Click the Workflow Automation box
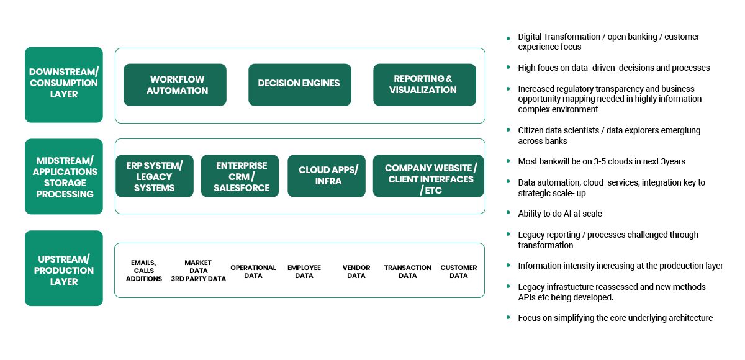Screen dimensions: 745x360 click(175, 85)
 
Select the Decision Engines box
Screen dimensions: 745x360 click(300, 85)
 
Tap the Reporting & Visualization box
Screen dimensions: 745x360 click(425, 85)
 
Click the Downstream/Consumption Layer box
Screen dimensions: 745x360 click(64, 85)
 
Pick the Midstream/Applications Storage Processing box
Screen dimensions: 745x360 click(64, 176)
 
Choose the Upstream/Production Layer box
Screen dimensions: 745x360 click(64, 268)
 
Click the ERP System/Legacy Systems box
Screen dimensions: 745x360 click(155, 176)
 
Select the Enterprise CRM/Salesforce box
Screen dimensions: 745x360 click(240, 176)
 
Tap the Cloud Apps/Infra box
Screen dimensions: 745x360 click(327, 176)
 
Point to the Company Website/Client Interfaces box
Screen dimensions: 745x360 click(428, 176)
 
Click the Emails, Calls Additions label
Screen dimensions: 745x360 click(143, 271)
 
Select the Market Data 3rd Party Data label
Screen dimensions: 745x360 click(198, 271)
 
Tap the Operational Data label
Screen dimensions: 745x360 click(253, 272)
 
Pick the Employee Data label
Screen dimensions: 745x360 click(304, 272)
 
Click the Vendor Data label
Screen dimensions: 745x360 click(356, 272)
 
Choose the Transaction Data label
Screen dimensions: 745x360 click(408, 272)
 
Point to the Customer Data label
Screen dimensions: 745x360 click(459, 272)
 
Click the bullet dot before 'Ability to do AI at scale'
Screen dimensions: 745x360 click(508, 212)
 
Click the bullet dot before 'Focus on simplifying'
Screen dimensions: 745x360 click(508, 317)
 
